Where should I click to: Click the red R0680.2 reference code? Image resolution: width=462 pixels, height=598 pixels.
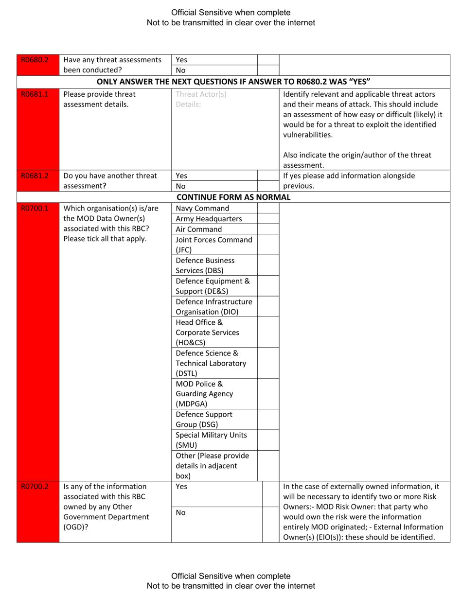coord(33,60)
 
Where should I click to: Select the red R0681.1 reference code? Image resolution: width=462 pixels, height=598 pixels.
coord(33,94)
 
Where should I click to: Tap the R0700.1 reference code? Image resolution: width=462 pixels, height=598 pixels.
coord(33,209)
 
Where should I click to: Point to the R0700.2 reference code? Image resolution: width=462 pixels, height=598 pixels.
coord(33,486)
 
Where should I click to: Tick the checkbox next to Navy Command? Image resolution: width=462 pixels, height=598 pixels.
coord(267,209)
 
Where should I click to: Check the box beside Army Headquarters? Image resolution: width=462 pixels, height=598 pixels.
coord(267,219)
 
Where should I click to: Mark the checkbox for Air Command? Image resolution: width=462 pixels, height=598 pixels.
coord(267,229)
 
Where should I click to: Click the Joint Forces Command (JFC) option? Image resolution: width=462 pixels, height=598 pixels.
coord(214,245)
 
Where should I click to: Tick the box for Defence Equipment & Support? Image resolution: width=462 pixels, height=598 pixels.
coord(267,286)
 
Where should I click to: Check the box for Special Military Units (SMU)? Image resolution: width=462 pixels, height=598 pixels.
coord(267,440)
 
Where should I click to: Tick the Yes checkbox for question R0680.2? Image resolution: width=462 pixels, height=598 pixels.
coord(267,60)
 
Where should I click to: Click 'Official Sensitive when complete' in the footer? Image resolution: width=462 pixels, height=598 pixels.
coord(231,576)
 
